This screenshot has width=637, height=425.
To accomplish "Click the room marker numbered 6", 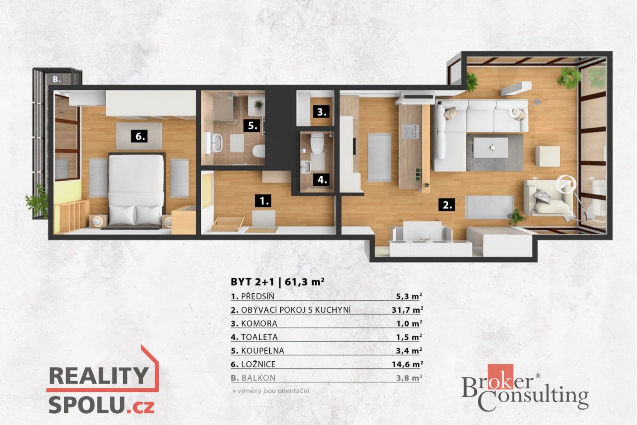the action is [139, 136].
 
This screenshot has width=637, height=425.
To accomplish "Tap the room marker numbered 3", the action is [321, 112].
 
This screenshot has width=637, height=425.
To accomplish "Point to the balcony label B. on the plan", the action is [57, 79].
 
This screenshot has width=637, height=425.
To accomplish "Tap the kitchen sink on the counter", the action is [410, 131].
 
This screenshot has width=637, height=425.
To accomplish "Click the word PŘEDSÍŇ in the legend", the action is [258, 296].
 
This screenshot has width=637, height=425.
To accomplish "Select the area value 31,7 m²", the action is [407, 310].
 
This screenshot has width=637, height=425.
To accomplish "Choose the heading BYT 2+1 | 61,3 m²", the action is [278, 282].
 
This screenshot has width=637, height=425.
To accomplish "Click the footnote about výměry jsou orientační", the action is [271, 391].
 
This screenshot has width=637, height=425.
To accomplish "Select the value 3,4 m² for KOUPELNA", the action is [409, 351].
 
